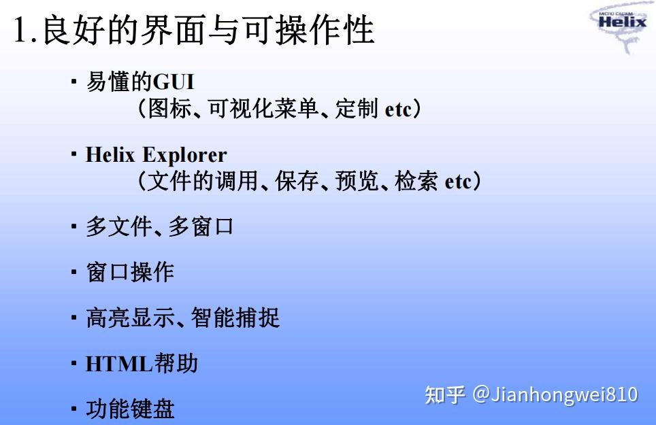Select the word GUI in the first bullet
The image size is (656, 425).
[x=174, y=82]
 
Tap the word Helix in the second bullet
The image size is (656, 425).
[x=111, y=155]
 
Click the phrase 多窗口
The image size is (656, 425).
[x=201, y=227]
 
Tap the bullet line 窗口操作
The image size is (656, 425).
[x=130, y=273]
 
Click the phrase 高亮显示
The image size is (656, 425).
[x=130, y=318]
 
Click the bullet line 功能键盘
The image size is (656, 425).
[x=130, y=409]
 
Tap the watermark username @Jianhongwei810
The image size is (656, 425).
[x=555, y=394]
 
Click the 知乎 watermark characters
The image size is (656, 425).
[x=445, y=395]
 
